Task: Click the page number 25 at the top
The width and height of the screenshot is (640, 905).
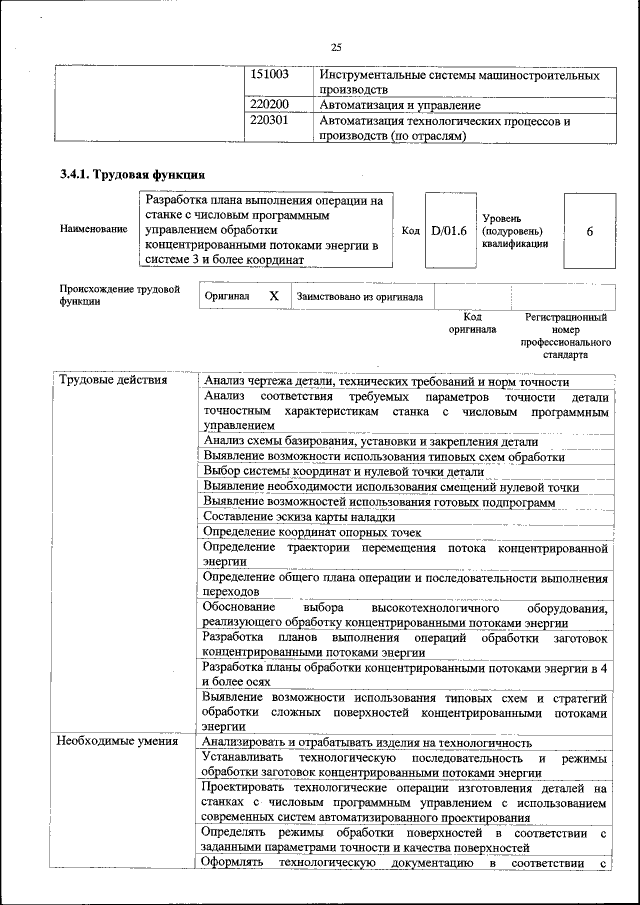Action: pyautogui.click(x=336, y=47)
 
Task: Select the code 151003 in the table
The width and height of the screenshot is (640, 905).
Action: pyautogui.click(x=269, y=75)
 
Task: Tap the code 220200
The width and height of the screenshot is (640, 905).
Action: pyautogui.click(x=269, y=104)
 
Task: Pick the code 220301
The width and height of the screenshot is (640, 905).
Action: pyautogui.click(x=269, y=121)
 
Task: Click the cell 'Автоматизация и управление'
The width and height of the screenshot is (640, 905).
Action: pyautogui.click(x=400, y=104)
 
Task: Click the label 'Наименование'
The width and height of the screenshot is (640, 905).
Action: pyautogui.click(x=94, y=229)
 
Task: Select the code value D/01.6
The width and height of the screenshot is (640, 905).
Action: pyautogui.click(x=449, y=230)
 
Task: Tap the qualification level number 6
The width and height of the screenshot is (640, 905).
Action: pyautogui.click(x=589, y=230)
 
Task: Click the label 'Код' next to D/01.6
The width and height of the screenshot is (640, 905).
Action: pyautogui.click(x=410, y=230)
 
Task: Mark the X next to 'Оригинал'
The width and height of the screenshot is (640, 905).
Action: pyautogui.click(x=273, y=297)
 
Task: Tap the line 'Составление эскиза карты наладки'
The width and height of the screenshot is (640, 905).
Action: pyautogui.click(x=299, y=517)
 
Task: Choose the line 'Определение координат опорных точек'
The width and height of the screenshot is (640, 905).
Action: pyautogui.click(x=312, y=532)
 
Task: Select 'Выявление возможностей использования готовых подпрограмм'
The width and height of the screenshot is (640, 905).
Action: pyautogui.click(x=378, y=502)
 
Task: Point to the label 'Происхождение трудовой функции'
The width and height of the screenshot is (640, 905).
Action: pyautogui.click(x=119, y=295)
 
